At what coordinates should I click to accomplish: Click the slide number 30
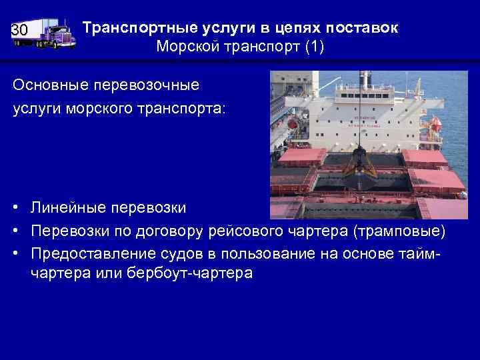[x=19, y=31]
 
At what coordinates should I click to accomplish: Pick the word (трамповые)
[x=397, y=230]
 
